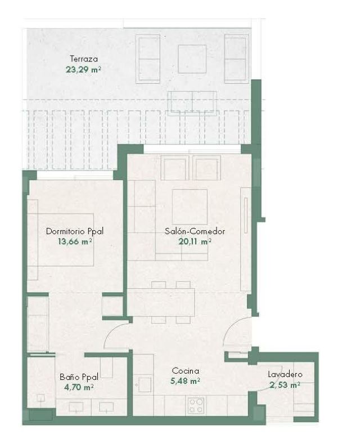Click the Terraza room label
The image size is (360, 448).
tap(84, 59)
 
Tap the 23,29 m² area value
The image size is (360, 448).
tap(83, 69)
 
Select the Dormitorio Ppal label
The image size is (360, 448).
tap(75, 231)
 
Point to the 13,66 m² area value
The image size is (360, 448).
tap(75, 241)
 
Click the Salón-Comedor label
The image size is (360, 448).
tap(195, 231)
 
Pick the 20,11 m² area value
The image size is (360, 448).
tap(195, 241)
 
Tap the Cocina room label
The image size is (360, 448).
tap(186, 371)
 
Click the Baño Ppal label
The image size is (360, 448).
tap(79, 377)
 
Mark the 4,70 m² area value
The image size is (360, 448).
tap(79, 387)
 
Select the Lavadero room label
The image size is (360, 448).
tap(285, 374)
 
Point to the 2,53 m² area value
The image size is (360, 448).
tap(285, 385)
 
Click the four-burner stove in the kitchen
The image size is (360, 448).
tap(196, 405)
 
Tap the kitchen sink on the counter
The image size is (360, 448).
tap(145, 384)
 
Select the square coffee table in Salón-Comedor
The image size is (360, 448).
tap(190, 207)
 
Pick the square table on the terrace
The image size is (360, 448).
tap(192, 59)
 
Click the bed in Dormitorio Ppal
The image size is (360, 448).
tap(61, 240)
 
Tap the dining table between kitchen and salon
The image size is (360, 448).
tap(161, 302)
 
